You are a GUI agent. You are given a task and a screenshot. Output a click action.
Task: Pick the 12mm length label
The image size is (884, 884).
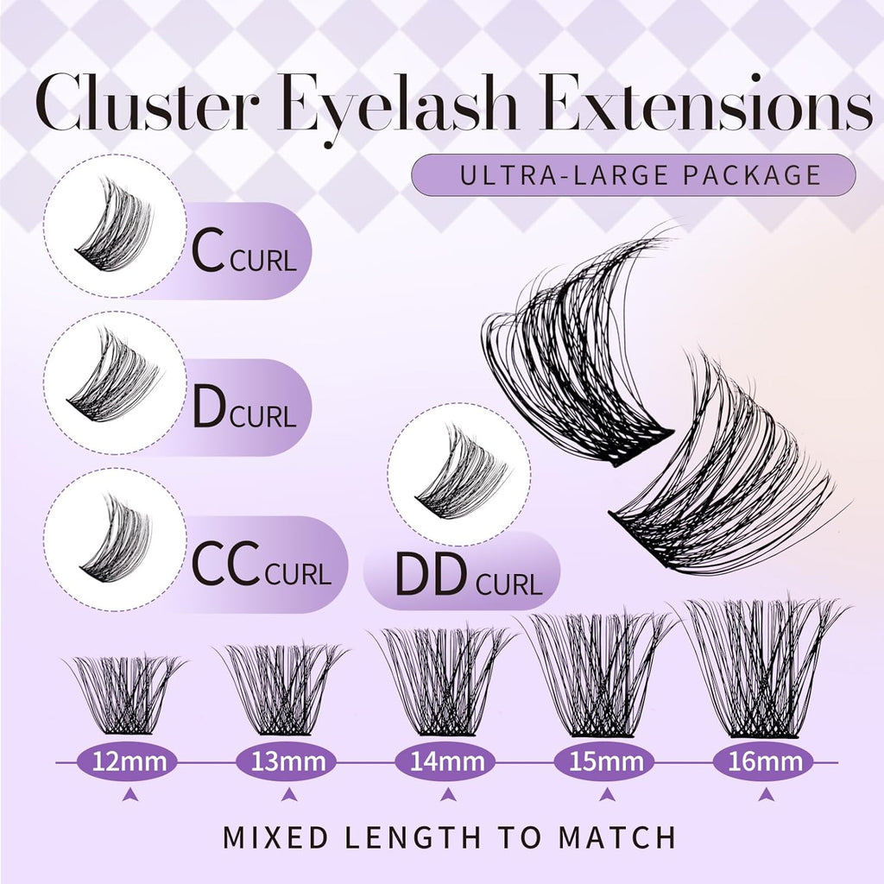pos(127,761)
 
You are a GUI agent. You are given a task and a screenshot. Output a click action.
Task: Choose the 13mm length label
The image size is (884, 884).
pos(288,761)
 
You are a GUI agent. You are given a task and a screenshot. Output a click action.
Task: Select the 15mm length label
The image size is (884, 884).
pos(605,761)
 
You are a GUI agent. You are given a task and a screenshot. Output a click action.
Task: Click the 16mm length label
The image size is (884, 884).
pos(764,761)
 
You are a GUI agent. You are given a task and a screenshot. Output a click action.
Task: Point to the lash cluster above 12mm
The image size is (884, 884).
pos(127,694)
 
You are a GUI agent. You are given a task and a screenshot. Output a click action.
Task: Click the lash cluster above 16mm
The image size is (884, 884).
pos(764,669)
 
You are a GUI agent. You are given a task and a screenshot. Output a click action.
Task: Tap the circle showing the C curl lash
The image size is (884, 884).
pos(115,226)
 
